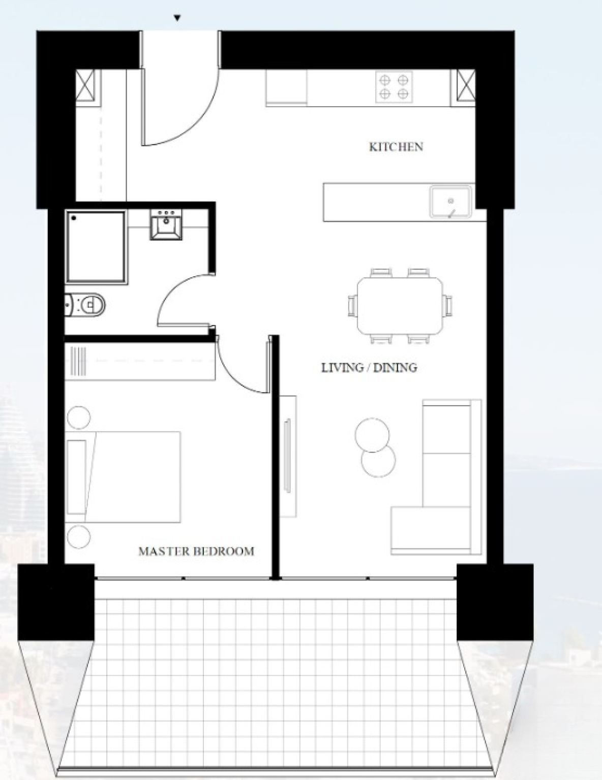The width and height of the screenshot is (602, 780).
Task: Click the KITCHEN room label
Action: click(x=396, y=147)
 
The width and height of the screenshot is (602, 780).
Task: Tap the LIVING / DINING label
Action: click(x=369, y=368)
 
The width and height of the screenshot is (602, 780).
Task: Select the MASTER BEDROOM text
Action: click(x=196, y=551)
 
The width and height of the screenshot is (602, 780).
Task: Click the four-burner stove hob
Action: click(x=394, y=86)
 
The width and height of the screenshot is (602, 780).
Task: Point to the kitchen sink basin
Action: click(x=450, y=202)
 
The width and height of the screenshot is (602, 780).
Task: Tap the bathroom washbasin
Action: click(x=166, y=224)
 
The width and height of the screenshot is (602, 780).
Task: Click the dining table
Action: click(x=400, y=306)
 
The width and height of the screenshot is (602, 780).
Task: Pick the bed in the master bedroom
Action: click(x=123, y=477)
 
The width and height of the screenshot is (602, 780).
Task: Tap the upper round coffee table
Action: click(x=372, y=435)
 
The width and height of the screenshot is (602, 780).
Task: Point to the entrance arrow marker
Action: click(x=177, y=18)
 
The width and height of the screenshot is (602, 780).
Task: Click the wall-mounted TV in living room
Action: click(x=287, y=456)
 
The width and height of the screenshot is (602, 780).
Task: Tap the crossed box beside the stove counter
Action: click(x=466, y=88)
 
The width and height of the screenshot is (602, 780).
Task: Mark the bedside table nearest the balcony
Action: click(x=79, y=537)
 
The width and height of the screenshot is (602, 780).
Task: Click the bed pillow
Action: click(x=77, y=477)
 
